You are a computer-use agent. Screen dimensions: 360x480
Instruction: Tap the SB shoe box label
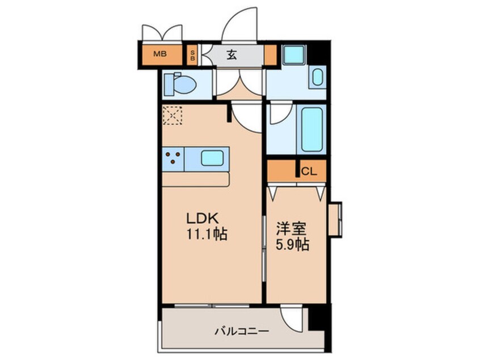[193, 55]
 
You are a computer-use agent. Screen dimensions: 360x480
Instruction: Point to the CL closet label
[309, 170]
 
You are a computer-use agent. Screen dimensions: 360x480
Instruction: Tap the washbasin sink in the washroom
[318, 77]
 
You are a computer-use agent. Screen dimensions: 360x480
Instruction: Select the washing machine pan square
[294, 55]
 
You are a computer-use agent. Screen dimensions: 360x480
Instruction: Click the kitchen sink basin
[211, 158]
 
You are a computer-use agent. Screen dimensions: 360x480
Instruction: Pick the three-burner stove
[173, 158]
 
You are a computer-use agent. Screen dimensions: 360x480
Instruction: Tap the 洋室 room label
[292, 229]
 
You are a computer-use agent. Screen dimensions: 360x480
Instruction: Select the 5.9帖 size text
[293, 245]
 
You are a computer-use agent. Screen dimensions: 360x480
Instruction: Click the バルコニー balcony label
[241, 330]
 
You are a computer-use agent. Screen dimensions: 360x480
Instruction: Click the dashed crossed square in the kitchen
[171, 116]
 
